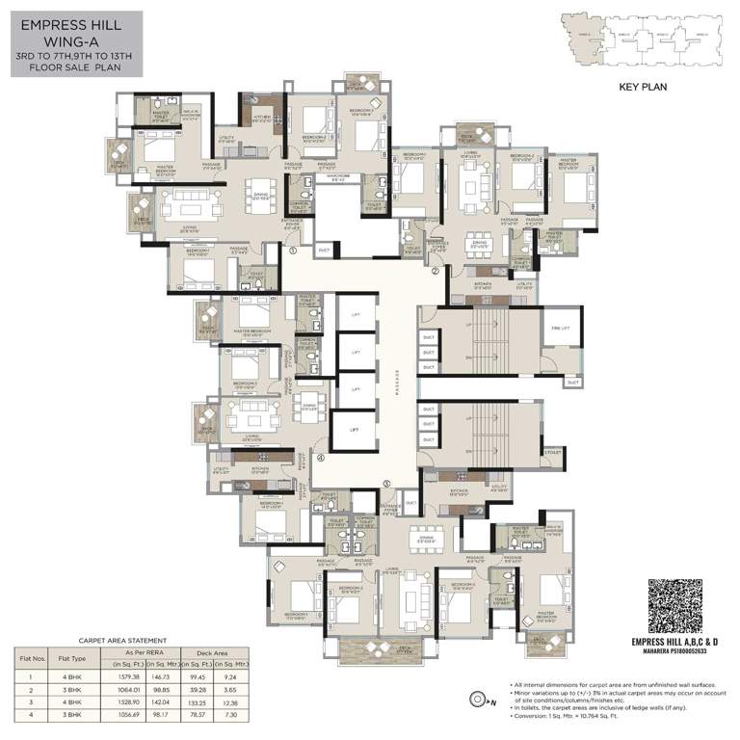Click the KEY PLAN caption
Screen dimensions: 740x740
click(x=643, y=86)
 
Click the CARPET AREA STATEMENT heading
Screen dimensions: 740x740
click(x=122, y=640)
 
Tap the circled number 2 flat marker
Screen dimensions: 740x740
click(x=435, y=272)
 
